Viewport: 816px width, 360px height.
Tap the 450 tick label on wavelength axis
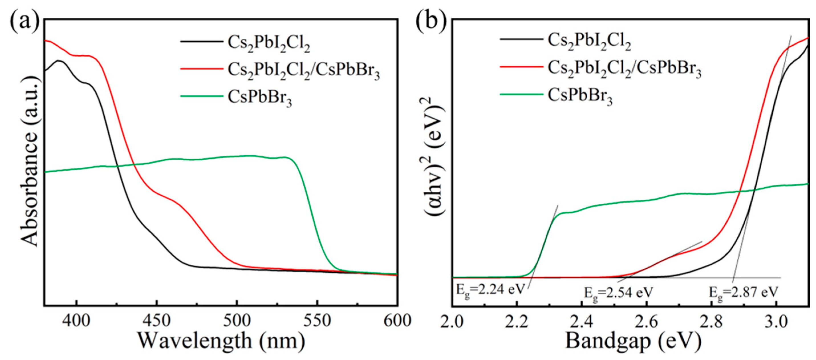[x=156, y=321]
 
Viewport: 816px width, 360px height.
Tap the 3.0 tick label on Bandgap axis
[x=776, y=322]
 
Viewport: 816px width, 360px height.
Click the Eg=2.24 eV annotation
[x=490, y=289]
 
